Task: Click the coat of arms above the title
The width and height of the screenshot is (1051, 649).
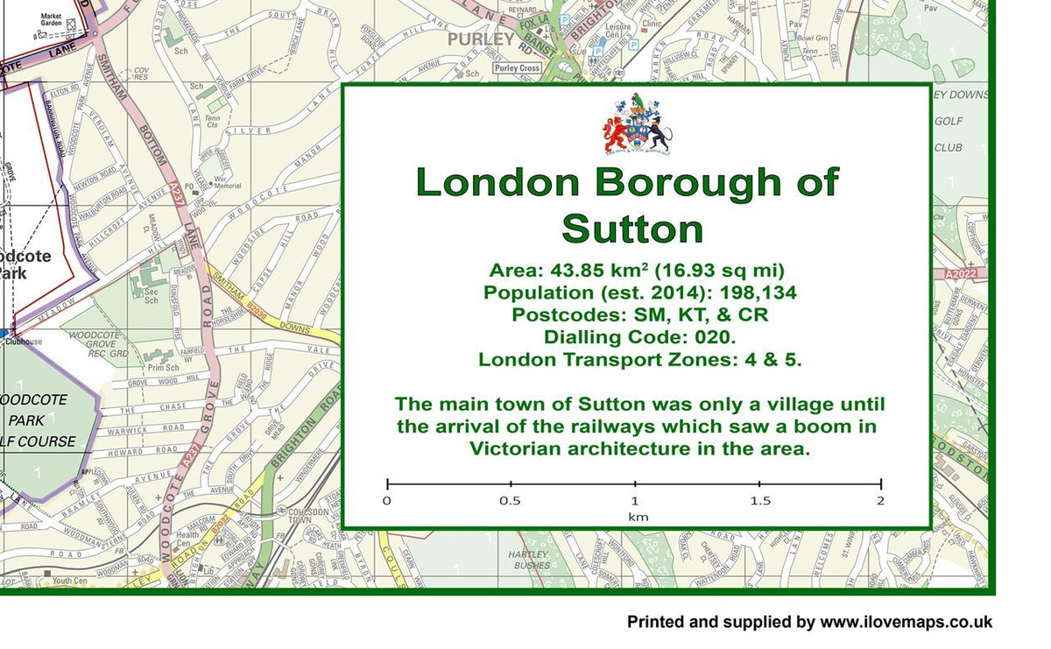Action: pos(636,124)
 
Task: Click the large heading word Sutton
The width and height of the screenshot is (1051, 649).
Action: pos(632,229)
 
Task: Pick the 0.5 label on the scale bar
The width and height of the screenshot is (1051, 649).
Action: pos(510,501)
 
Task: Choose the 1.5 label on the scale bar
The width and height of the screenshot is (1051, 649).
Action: pos(759,501)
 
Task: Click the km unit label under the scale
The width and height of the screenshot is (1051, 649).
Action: pos(637,517)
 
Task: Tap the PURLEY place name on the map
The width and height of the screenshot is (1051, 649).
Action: pos(481,39)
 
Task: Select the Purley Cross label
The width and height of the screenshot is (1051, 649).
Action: pos(517,68)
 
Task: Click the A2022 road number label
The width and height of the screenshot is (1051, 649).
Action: pos(960,274)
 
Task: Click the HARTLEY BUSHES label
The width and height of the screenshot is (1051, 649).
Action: pos(530,560)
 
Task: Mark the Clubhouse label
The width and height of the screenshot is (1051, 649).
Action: pos(24,342)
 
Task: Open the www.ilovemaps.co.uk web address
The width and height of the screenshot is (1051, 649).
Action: pos(906,622)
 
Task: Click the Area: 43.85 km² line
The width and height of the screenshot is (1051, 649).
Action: pos(636,270)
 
